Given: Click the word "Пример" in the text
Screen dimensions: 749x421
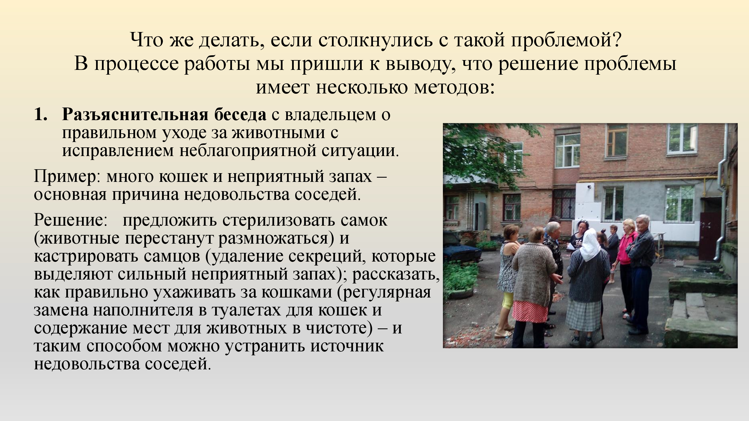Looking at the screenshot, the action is coord(66,177).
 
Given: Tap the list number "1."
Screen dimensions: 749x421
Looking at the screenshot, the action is coord(41,114).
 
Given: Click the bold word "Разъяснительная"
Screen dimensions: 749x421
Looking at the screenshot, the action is coord(135,114).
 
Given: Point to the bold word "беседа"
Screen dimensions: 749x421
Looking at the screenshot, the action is coord(240,114).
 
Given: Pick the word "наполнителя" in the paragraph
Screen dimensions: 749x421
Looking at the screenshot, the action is coord(143,310).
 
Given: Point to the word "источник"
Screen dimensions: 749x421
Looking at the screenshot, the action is coord(347,346).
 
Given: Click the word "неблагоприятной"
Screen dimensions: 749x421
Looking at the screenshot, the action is coord(247,150).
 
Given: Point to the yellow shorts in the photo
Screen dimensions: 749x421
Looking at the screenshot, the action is coord(508,300).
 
